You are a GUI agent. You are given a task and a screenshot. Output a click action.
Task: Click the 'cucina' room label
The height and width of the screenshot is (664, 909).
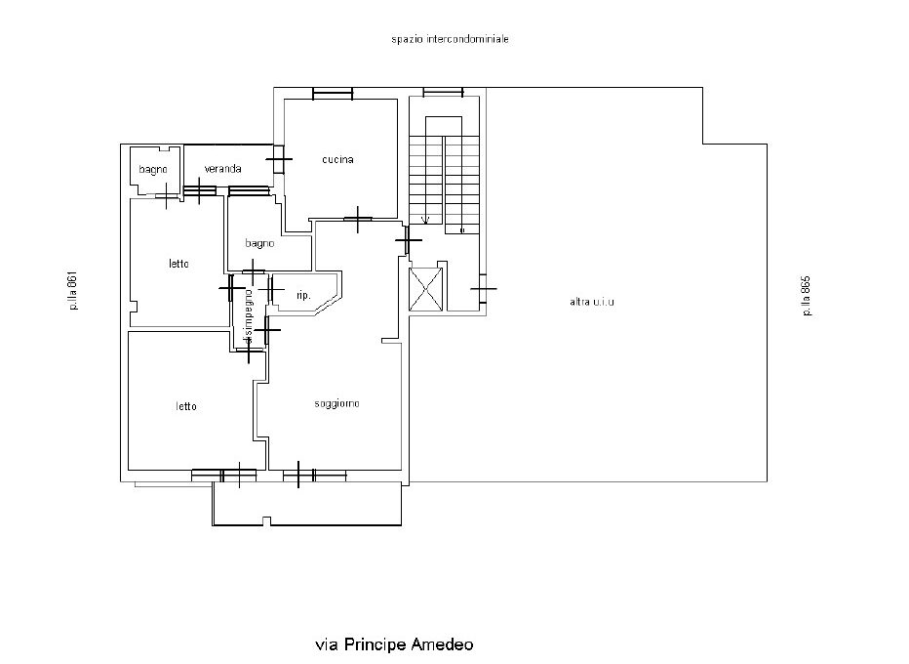(337, 159)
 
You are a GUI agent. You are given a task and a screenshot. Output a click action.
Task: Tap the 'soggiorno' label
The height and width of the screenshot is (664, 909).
(336, 403)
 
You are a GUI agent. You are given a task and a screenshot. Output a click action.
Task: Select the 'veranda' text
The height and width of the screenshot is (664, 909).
(222, 169)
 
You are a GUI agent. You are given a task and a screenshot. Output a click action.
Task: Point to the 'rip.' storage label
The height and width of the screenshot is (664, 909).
(303, 295)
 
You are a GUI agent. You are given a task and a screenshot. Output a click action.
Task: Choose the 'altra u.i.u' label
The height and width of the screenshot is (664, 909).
(591, 302)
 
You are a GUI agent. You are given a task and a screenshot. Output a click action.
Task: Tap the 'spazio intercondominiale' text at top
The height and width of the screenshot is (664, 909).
(451, 40)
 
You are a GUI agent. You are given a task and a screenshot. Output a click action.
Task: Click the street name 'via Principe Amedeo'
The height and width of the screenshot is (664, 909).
(394, 644)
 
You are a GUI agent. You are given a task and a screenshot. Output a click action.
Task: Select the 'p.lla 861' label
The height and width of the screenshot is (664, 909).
(72, 292)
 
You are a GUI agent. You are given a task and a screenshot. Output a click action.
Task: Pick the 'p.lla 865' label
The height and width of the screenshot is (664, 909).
(806, 296)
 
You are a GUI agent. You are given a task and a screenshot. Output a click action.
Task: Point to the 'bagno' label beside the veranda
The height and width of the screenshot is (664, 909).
(153, 170)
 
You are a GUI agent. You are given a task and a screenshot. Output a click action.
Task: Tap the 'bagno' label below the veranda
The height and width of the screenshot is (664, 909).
(259, 243)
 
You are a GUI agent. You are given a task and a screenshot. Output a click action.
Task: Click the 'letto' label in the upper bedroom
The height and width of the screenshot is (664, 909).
(178, 264)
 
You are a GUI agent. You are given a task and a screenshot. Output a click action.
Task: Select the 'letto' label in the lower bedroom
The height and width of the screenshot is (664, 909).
(186, 406)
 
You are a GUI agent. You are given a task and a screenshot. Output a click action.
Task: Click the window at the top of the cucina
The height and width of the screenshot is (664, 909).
(333, 94)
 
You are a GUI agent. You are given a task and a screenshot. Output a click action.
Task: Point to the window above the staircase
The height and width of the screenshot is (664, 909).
(443, 93)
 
